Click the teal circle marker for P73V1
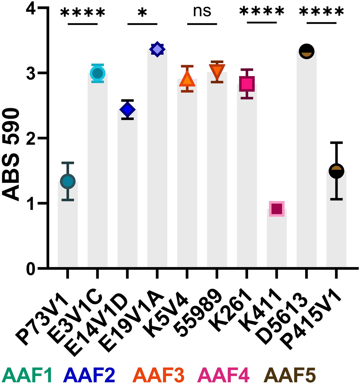pyautogui.click(x=68, y=181)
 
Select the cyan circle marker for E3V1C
pyautogui.click(x=97, y=73)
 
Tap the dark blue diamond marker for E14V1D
pyautogui.click(x=127, y=110)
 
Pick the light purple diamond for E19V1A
pyautogui.click(x=157, y=49)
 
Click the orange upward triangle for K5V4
pyautogui.click(x=187, y=80)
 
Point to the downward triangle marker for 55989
pyautogui.click(x=217, y=72)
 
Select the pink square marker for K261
pyautogui.click(x=247, y=84)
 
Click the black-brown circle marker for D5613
pyautogui.click(x=306, y=51)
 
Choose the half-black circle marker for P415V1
pyautogui.click(x=336, y=171)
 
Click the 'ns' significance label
pyautogui.click(x=202, y=11)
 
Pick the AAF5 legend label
pyautogui.click(x=291, y=375)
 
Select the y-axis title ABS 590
pyautogui.click(x=11, y=155)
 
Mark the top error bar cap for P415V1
pyautogui.click(x=336, y=143)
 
